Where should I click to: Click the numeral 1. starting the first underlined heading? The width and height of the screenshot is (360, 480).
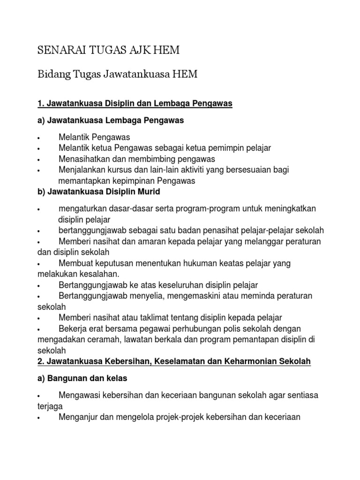click(40, 104)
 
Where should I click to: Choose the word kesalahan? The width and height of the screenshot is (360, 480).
click(99, 274)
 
